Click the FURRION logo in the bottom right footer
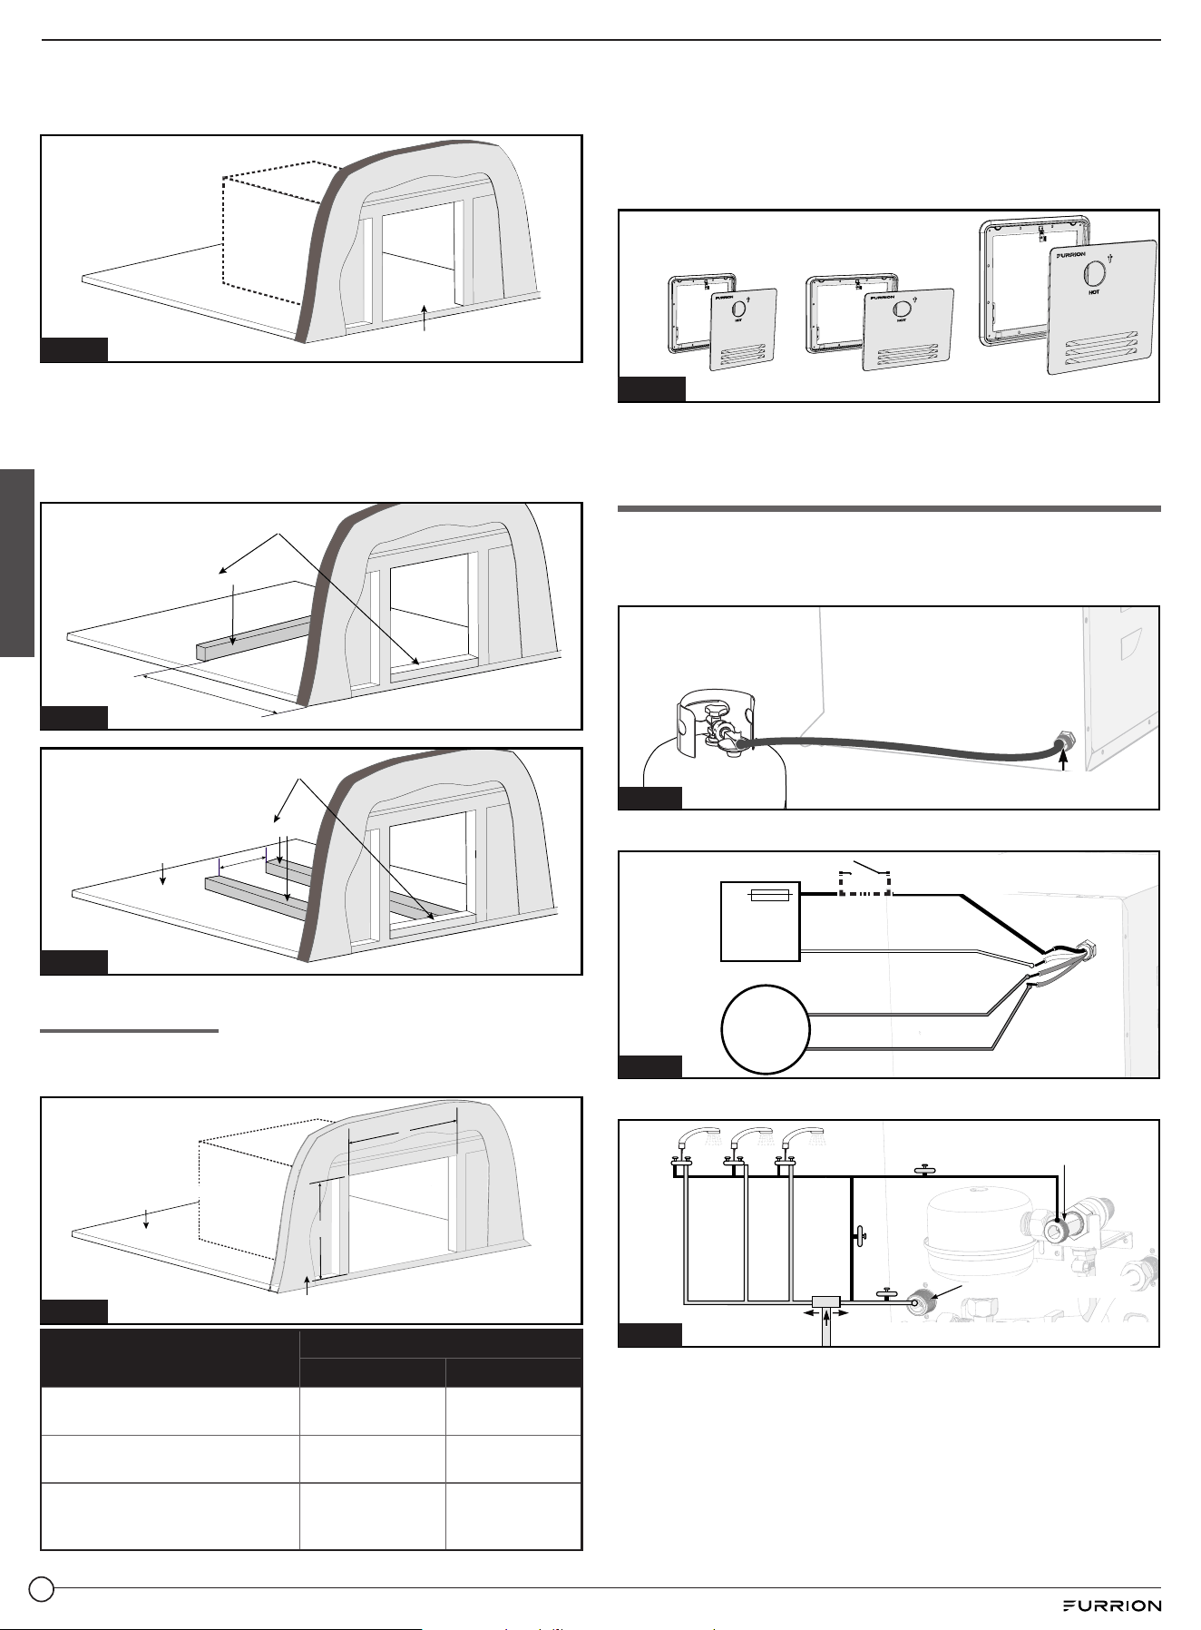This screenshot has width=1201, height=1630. [x=1112, y=1605]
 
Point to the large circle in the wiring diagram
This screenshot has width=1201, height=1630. [x=765, y=1029]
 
